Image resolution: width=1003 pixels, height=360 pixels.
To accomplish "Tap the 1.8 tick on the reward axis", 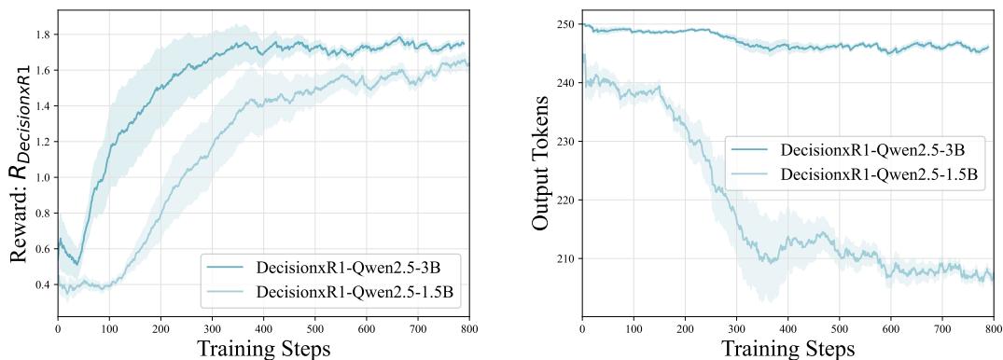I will [x=43, y=35].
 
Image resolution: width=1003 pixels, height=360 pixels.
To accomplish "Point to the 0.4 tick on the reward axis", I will [x=43, y=284].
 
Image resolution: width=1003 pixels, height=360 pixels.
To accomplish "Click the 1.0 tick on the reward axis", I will [x=43, y=177].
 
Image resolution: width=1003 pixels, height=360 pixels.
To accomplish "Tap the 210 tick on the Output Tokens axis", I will [x=564, y=258].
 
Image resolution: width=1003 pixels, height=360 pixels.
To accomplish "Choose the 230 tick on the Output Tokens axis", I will [x=564, y=142].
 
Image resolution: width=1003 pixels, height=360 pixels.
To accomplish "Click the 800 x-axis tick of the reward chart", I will [x=468, y=328].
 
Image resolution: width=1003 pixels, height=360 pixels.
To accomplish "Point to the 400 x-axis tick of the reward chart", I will [x=263, y=328].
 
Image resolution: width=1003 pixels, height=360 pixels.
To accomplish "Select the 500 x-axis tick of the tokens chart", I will [x=839, y=328].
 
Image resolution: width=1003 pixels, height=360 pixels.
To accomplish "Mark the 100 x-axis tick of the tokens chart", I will [x=633, y=328].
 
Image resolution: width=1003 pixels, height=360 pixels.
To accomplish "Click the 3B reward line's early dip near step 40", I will [x=78, y=262].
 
